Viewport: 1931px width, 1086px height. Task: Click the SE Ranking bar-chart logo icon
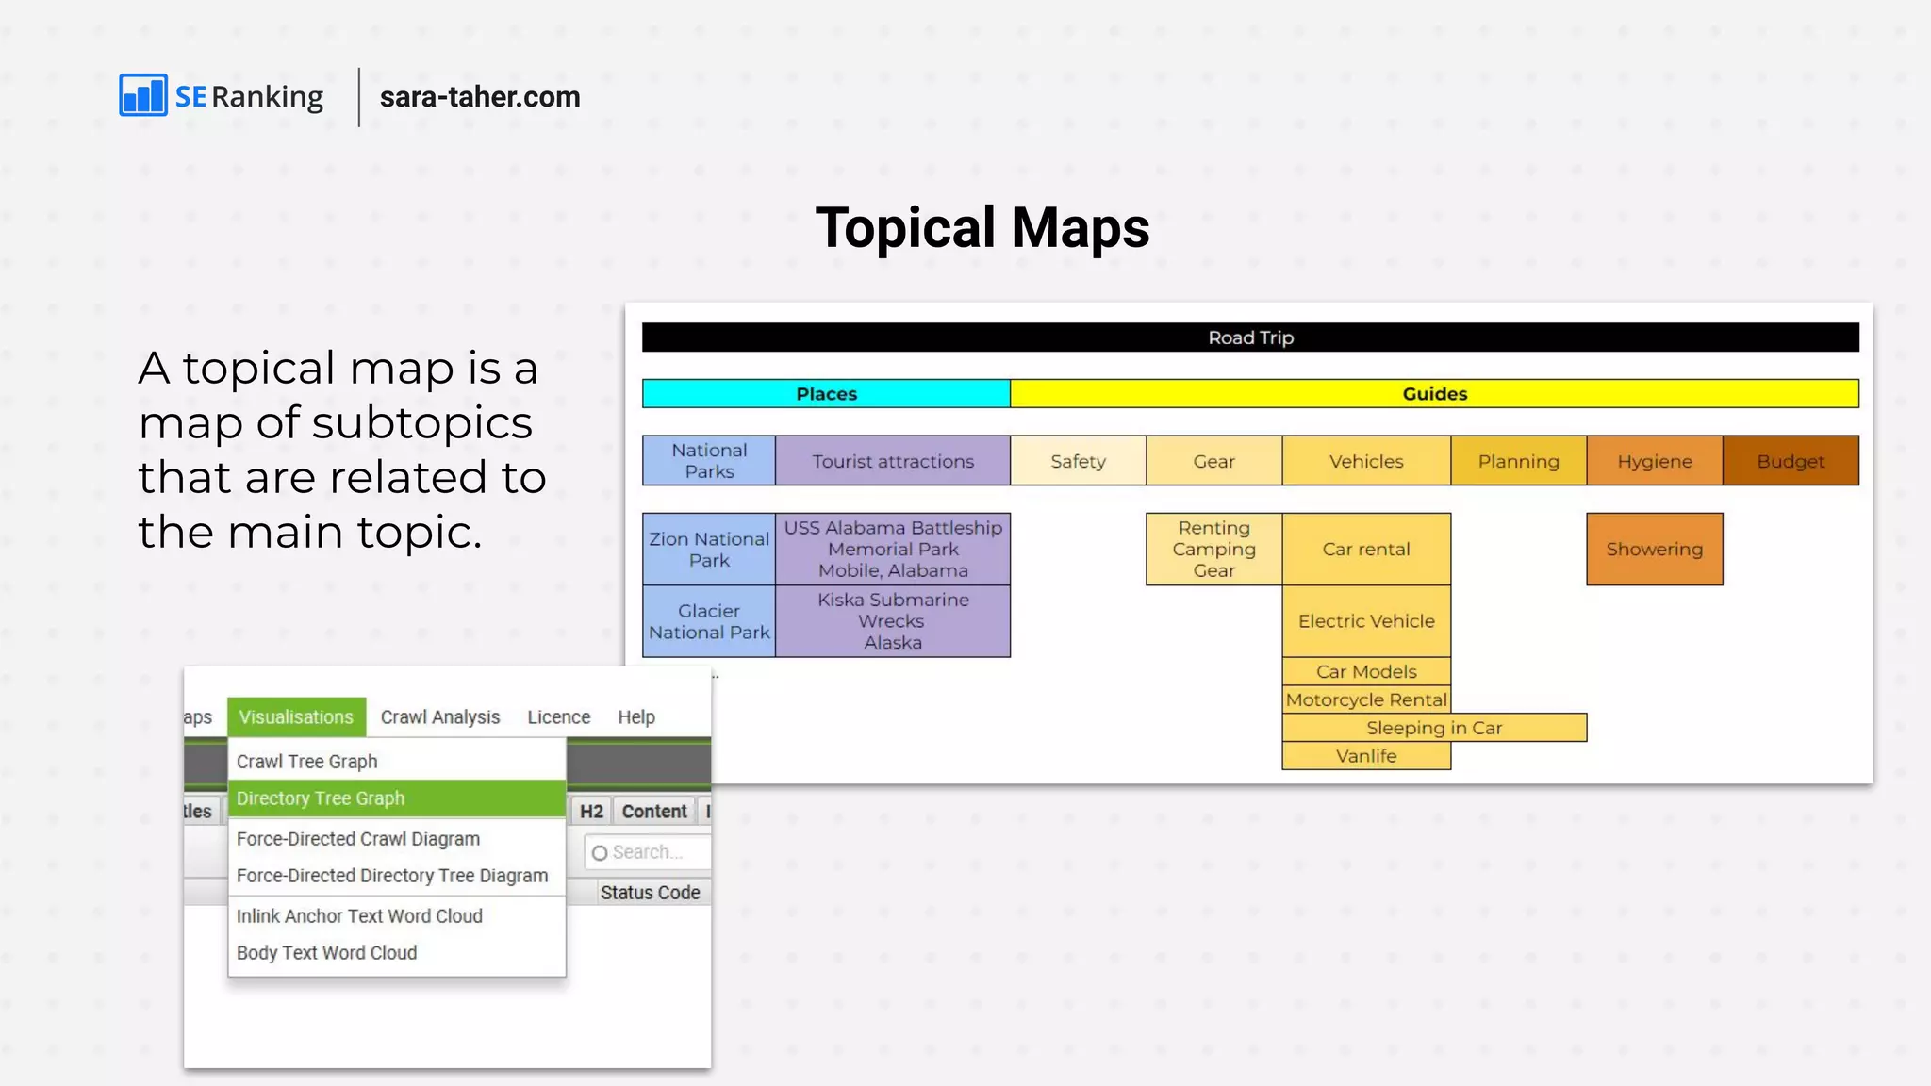coord(143,95)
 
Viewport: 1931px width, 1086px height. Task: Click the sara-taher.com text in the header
coord(480,97)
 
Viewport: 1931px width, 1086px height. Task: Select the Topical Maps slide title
coord(982,228)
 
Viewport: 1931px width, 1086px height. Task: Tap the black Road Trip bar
coord(1250,337)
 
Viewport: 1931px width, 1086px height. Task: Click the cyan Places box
coord(826,394)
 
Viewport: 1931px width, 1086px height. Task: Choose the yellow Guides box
coord(1434,394)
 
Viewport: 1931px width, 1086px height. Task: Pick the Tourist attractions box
coord(893,461)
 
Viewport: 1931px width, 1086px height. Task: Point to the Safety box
coord(1078,461)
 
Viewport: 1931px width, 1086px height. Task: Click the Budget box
coord(1791,461)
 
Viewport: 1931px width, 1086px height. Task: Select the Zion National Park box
coord(709,550)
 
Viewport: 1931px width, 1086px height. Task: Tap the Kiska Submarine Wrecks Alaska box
coord(893,621)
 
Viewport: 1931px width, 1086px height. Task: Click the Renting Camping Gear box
coord(1213,550)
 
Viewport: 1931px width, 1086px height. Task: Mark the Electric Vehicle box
coord(1366,621)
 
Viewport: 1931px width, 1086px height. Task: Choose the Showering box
coord(1655,550)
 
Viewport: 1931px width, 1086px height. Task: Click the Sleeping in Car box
coord(1434,728)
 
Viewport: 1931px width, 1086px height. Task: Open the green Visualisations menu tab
coord(296,717)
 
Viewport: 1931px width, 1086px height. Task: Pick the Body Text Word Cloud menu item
coord(326,953)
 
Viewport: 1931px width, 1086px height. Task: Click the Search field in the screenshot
coord(647,852)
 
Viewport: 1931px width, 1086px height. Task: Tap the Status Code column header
coord(651,893)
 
